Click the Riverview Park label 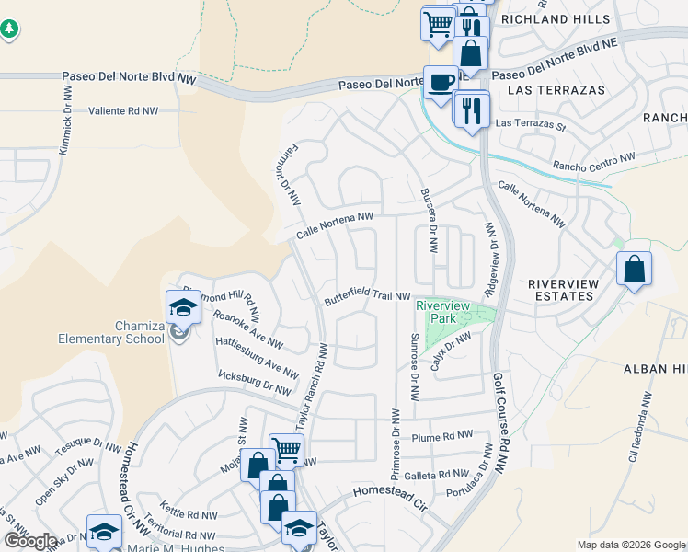[x=442, y=312]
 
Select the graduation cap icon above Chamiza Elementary [x=183, y=306]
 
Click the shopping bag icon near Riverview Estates [x=634, y=269]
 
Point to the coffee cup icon [x=440, y=81]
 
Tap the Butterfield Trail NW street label [x=366, y=298]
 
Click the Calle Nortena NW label [x=335, y=225]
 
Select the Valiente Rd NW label [x=123, y=110]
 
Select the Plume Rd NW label [x=441, y=438]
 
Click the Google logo [x=29, y=541]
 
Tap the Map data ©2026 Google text [x=631, y=545]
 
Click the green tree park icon [x=9, y=29]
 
